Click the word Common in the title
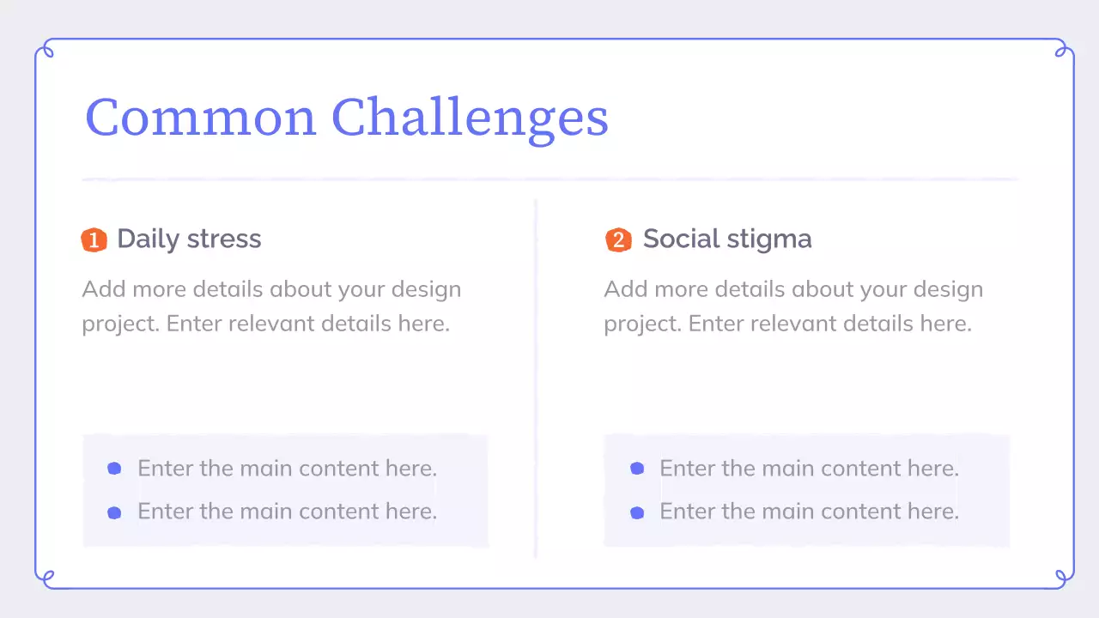[200, 118]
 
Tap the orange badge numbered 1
[94, 240]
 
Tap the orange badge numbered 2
[618, 240]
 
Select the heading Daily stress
[189, 239]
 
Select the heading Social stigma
[726, 239]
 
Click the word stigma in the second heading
[769, 239]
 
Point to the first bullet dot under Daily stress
[114, 469]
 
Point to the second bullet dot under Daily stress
[114, 512]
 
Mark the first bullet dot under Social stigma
[637, 469]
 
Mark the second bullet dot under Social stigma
[637, 512]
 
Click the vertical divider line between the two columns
[536, 378]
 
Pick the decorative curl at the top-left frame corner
[47, 51]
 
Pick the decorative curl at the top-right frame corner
[1061, 51]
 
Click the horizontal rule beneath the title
[549, 179]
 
